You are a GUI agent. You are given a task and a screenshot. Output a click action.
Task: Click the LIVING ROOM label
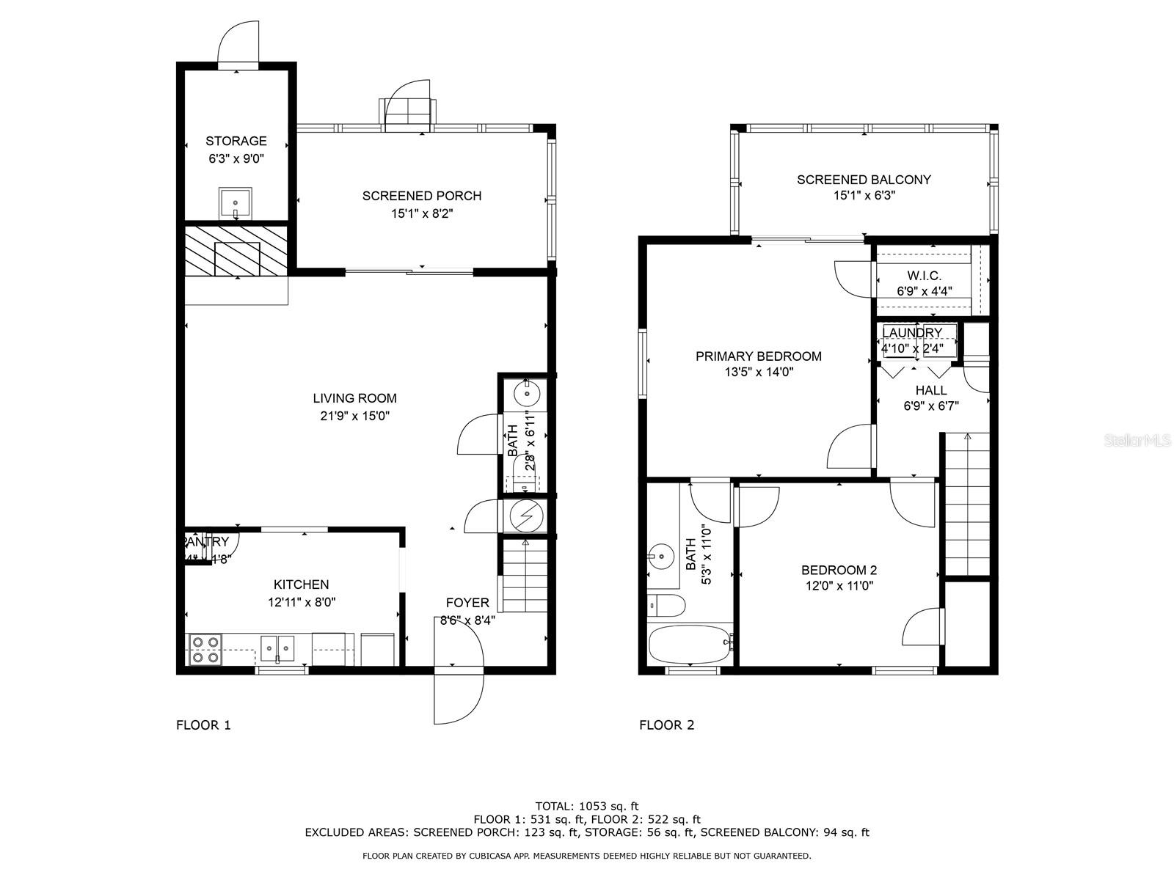[x=354, y=398]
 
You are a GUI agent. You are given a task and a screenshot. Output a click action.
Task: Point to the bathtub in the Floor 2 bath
[x=690, y=643]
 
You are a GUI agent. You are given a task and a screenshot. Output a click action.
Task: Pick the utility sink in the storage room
[x=236, y=202]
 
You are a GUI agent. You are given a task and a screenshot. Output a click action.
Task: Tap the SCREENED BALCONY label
[x=864, y=180]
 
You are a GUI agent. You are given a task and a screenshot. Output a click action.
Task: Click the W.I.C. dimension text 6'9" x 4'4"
[x=924, y=291]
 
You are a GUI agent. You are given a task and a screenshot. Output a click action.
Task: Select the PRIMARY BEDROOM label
[x=758, y=356]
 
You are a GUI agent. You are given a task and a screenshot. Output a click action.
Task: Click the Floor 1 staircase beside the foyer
[x=524, y=576]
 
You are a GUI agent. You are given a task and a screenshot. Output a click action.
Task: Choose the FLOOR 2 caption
[x=666, y=725]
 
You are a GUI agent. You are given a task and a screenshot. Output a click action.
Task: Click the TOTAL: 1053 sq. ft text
[x=586, y=806]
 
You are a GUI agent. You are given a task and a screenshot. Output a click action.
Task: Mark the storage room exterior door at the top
[x=239, y=44]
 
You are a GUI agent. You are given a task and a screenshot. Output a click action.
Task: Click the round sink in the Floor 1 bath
[x=527, y=394]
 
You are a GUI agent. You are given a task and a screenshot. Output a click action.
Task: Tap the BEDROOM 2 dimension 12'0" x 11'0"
[x=839, y=586]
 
